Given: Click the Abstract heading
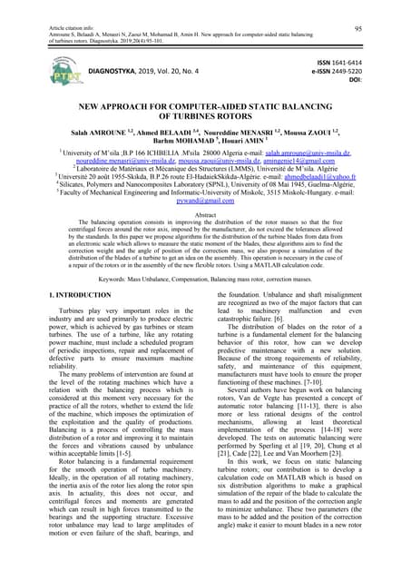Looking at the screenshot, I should pos(206,214).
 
